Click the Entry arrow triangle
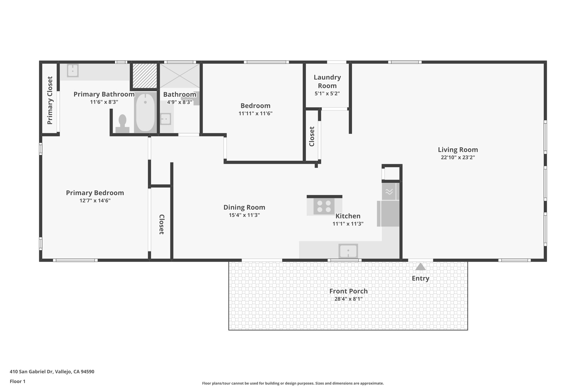[x=420, y=267]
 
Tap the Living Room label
[x=458, y=150]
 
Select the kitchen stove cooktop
[x=324, y=206]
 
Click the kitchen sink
[x=348, y=251]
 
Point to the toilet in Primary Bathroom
[x=122, y=124]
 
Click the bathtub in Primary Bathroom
[x=145, y=112]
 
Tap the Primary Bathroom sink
[x=73, y=70]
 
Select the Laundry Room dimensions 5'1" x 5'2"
[x=327, y=93]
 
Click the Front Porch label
[x=348, y=291]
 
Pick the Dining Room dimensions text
[x=244, y=215]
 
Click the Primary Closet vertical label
[x=50, y=100]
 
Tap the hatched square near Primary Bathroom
[x=144, y=76]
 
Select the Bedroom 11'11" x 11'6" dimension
[x=255, y=113]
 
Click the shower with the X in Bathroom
[x=179, y=76]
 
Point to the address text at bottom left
[x=52, y=372]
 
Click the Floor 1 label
[x=17, y=381]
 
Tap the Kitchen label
[x=348, y=216]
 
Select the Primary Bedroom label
[x=95, y=193]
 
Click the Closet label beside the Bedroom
[x=312, y=136]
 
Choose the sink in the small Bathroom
[x=165, y=119]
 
